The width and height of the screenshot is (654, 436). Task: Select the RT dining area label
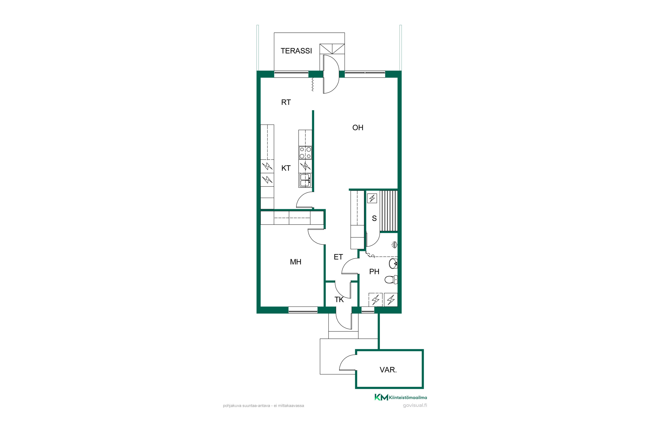coord(286,102)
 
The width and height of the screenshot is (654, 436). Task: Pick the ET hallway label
coord(338,257)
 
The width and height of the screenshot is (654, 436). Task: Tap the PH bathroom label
coord(374,271)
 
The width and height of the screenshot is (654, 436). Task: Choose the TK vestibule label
coord(339,300)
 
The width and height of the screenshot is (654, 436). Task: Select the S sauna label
coord(374,219)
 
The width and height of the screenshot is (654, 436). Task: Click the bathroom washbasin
coord(393,263)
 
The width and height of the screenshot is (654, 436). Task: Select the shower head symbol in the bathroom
coord(394,245)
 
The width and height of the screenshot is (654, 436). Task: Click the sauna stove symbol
coord(372,198)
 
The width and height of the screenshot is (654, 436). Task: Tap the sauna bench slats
coord(388,211)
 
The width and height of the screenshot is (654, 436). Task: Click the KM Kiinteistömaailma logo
coord(401,397)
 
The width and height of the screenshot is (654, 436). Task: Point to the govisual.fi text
coord(415,405)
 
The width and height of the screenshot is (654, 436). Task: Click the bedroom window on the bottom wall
coord(303,310)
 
